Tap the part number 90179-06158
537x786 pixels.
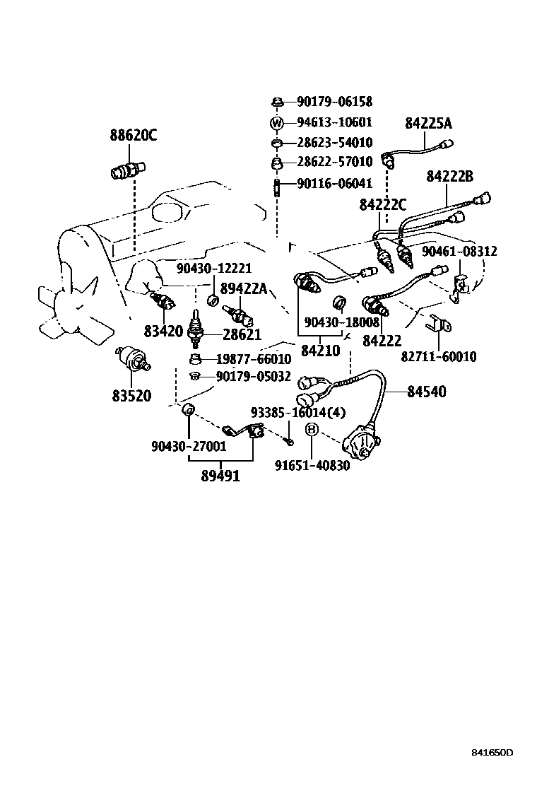334,102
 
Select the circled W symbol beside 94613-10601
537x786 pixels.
277,123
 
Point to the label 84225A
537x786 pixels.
428,124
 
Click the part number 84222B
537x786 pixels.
449,177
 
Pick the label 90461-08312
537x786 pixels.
459,251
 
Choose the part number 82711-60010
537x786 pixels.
439,357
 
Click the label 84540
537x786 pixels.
427,391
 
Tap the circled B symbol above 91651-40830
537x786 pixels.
312,430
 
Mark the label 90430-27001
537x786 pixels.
189,446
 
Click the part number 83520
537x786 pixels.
131,396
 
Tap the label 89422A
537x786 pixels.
244,288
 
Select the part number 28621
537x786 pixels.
242,334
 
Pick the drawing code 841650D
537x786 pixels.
492,751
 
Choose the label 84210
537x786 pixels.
321,350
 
